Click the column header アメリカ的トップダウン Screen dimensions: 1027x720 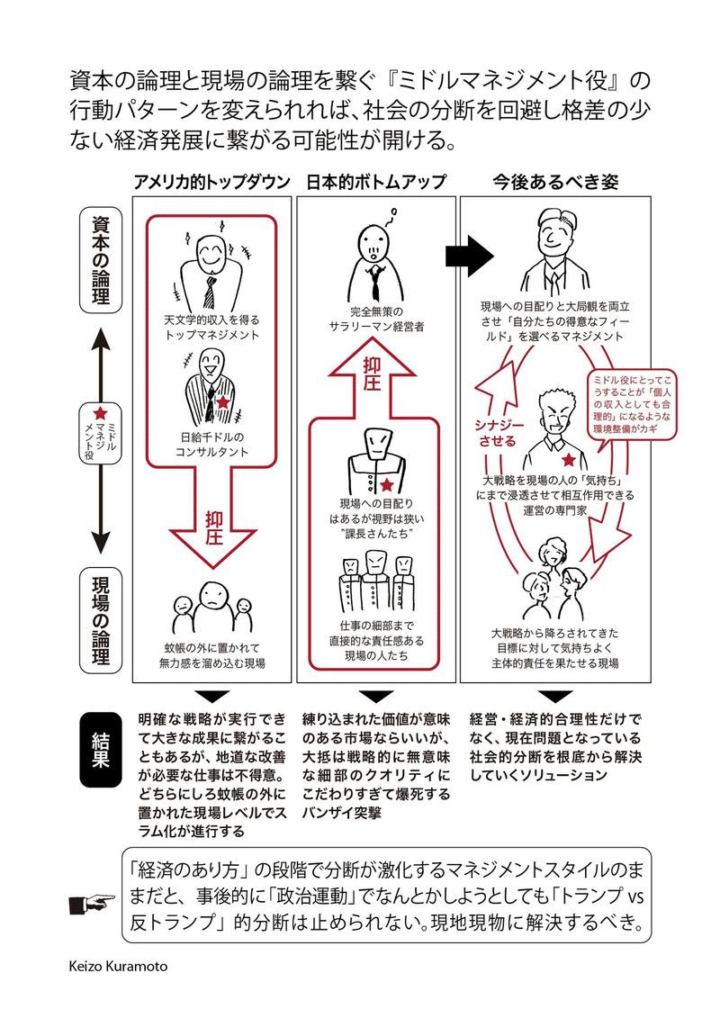tap(211, 182)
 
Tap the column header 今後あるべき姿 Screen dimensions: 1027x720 tap(544, 182)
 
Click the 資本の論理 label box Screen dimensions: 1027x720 tap(102, 261)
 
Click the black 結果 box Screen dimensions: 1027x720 tap(101, 749)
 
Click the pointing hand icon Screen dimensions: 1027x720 tap(93, 900)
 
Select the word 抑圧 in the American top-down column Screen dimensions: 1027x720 tap(212, 530)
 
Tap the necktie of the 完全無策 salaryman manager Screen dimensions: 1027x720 tap(375, 283)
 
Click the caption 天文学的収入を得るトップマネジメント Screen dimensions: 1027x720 tap(211, 327)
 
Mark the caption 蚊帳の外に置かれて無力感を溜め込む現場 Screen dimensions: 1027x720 tap(212, 654)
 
